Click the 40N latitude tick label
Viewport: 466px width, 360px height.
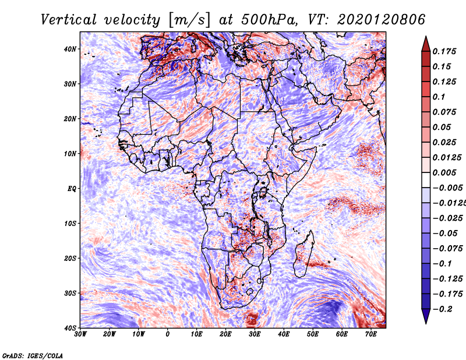click(x=70, y=49)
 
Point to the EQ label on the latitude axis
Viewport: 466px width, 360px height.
click(x=72, y=189)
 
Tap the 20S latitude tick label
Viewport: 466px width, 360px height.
click(x=70, y=258)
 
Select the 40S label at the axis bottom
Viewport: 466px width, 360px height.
click(x=70, y=328)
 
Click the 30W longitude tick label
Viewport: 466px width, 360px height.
click(x=80, y=334)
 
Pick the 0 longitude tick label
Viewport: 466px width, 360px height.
click(x=168, y=334)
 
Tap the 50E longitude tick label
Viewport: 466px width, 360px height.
click(x=313, y=334)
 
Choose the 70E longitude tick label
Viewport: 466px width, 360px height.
click(x=371, y=334)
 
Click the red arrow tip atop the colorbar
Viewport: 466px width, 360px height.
click(x=426, y=37)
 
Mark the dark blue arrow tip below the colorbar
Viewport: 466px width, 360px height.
click(x=426, y=323)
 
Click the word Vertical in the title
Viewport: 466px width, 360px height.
click(x=68, y=20)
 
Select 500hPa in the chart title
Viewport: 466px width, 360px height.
click(x=269, y=20)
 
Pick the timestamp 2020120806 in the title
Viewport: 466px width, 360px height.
click(x=382, y=20)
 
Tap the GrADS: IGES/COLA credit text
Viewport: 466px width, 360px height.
click(x=33, y=355)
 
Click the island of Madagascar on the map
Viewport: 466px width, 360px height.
click(x=303, y=254)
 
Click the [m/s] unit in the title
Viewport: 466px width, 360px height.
click(x=189, y=20)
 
